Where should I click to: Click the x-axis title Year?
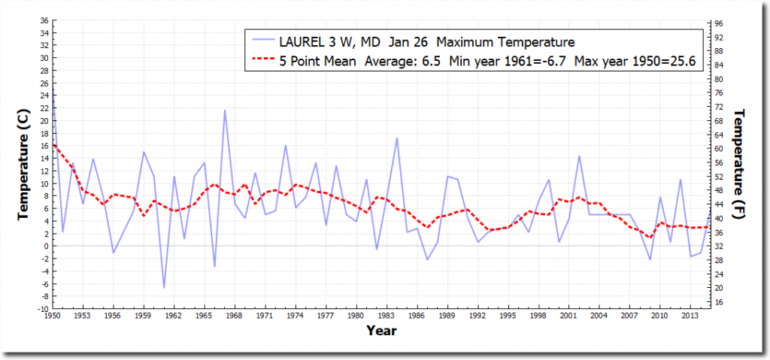click(382, 330)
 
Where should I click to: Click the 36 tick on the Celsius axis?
click(44, 21)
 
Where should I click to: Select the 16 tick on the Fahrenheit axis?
click(718, 302)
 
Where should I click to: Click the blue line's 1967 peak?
click(224, 110)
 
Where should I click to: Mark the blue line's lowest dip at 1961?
click(164, 288)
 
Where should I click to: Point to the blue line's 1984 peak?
click(397, 138)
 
